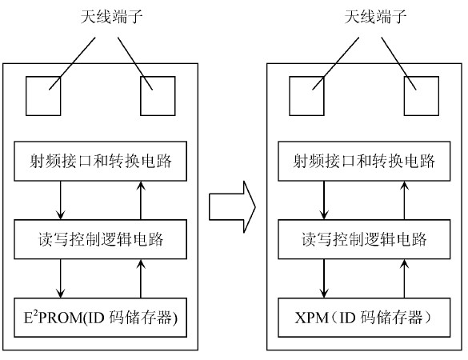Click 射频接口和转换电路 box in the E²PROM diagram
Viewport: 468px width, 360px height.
coord(101,161)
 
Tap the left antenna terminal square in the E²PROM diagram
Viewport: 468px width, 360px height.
coord(43,97)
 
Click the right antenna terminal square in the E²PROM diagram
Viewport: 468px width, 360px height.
coord(158,97)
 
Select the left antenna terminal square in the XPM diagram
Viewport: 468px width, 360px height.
coord(306,97)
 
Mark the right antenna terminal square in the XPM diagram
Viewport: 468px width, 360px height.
coord(420,97)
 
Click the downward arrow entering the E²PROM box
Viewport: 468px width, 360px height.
coord(61,278)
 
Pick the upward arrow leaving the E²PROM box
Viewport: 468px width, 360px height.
coord(141,278)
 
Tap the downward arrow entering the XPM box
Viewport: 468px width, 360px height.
coord(323,278)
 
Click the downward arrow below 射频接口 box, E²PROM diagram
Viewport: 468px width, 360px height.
coord(61,200)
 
